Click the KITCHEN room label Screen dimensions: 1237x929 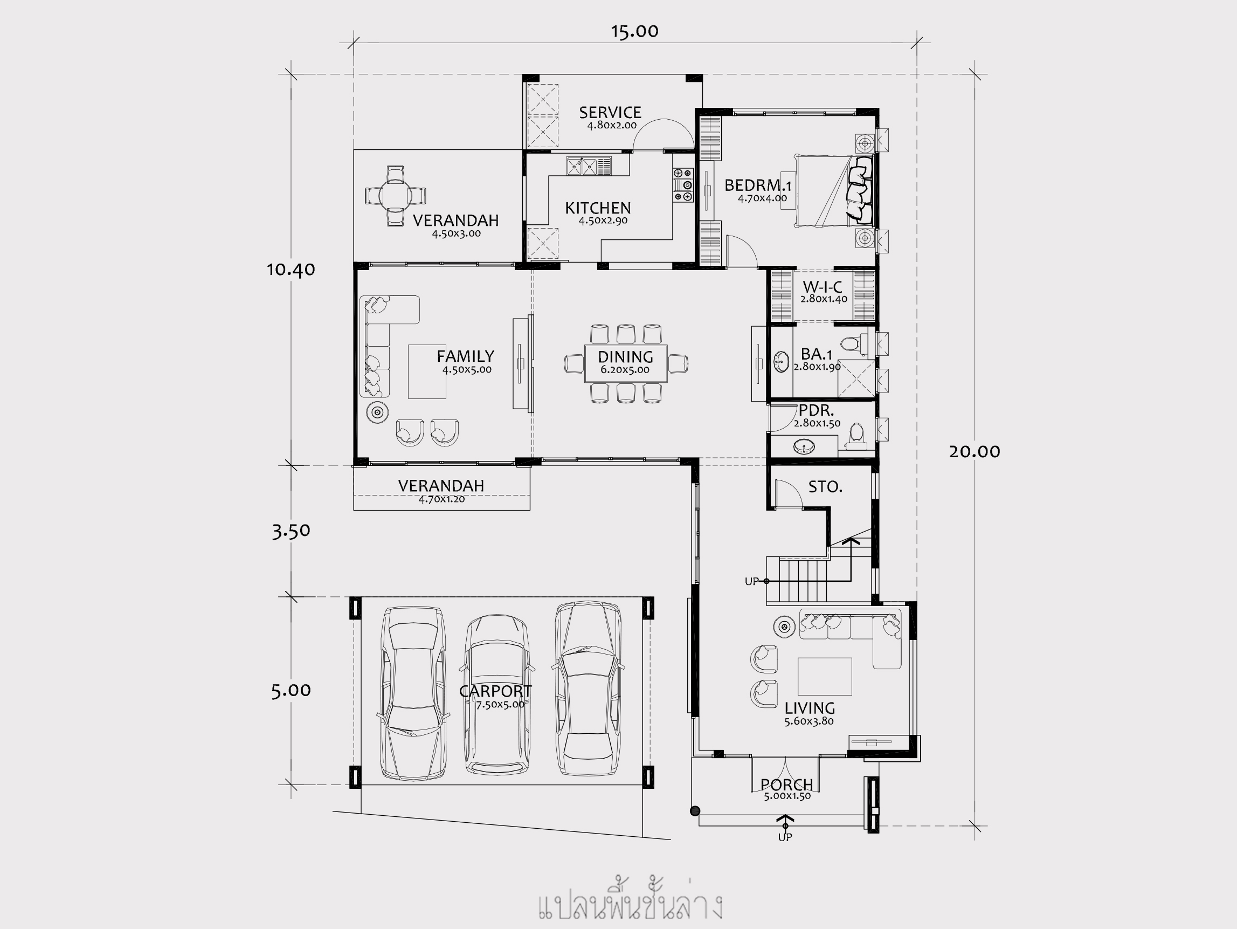pyautogui.click(x=598, y=208)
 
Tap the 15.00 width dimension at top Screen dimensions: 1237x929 pyautogui.click(x=635, y=31)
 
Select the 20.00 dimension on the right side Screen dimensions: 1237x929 pyautogui.click(x=974, y=451)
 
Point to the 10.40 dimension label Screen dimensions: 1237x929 pyautogui.click(x=291, y=270)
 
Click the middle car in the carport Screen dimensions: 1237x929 pyautogui.click(x=496, y=694)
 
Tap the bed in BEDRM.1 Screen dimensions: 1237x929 pyautogui.click(x=833, y=191)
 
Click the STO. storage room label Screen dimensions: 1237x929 pyautogui.click(x=825, y=487)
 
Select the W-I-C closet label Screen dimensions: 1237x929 pyautogui.click(x=823, y=287)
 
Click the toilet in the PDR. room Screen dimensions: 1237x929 pyautogui.click(x=856, y=436)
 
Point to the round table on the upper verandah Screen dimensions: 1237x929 pyautogui.click(x=396, y=196)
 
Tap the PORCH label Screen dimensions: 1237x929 pyautogui.click(x=787, y=785)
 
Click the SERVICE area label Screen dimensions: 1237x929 pyautogui.click(x=610, y=113)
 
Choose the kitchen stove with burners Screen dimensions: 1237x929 pyautogui.click(x=683, y=185)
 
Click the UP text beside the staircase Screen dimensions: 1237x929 pyautogui.click(x=751, y=582)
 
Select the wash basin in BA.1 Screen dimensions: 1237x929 pyautogui.click(x=781, y=362)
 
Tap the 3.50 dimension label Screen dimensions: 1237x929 pyautogui.click(x=291, y=531)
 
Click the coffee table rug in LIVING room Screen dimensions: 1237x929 pyautogui.click(x=825, y=676)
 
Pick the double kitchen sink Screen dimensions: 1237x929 pyautogui.click(x=582, y=166)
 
